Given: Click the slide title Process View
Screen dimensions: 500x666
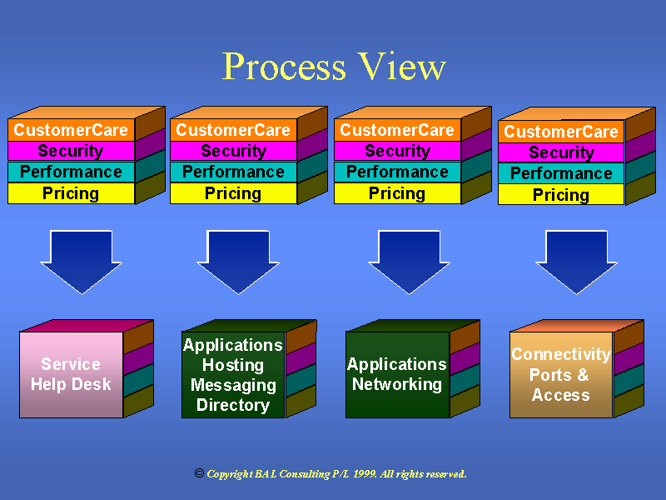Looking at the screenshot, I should click(334, 67).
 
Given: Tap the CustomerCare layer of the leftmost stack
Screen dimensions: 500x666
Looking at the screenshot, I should click(71, 130).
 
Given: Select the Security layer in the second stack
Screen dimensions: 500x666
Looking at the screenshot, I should click(233, 151).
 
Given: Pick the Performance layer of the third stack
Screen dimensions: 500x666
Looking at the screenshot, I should click(397, 172).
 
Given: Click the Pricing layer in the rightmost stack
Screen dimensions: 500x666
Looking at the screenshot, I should click(561, 195).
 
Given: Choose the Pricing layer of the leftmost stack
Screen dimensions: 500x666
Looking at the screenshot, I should click(71, 193).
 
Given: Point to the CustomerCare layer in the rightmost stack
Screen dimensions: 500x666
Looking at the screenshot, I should click(561, 132).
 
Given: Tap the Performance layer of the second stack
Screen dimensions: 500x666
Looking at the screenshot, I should click(233, 172).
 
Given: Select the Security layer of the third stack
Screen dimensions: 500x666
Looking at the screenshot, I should click(397, 151).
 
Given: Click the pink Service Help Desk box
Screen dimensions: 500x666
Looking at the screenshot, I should click(71, 374).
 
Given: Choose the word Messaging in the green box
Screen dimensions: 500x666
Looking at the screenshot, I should click(233, 385).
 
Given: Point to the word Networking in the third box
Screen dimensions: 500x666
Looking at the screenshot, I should click(397, 384).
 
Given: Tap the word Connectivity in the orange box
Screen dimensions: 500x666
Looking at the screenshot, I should click(561, 354).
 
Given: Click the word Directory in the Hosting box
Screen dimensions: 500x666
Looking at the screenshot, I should click(233, 406).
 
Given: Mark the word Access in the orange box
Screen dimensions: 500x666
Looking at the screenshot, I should click(561, 395).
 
